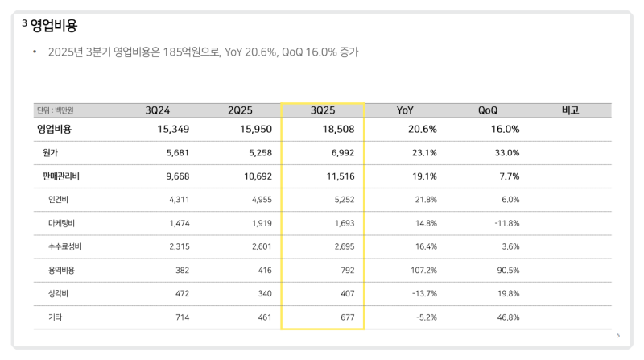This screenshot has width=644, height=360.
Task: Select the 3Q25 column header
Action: click(x=322, y=110)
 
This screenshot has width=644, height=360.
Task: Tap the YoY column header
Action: click(x=406, y=110)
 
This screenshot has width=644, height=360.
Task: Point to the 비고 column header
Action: click(x=570, y=110)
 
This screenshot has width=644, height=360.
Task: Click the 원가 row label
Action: click(x=51, y=152)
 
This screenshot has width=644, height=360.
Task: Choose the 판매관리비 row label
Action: click(x=59, y=176)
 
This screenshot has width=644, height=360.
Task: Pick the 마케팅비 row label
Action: click(x=60, y=222)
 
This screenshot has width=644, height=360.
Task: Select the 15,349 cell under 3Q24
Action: click(x=167, y=129)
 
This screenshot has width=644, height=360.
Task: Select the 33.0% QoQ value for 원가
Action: click(x=506, y=152)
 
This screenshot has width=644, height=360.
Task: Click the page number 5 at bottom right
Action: click(x=617, y=335)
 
